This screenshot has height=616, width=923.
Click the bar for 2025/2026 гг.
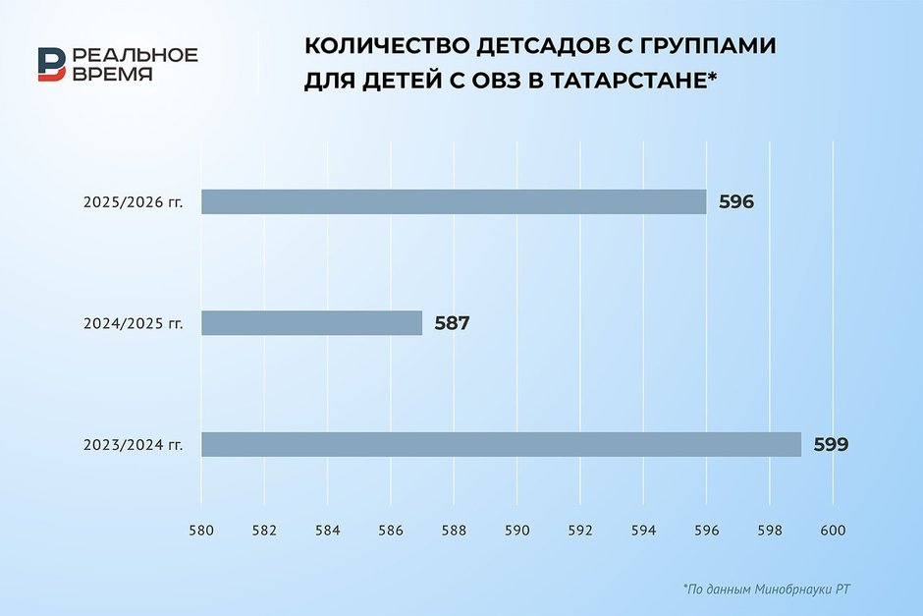454,201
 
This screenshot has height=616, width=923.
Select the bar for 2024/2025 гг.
312,322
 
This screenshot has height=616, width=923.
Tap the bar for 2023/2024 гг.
501,444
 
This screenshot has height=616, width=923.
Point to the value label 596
735,202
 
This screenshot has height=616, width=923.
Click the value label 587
452,323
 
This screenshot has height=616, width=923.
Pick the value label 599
831,445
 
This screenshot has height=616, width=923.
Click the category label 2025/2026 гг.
133,202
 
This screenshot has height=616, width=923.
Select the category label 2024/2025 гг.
133,324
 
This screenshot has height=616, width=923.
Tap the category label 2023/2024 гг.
133,445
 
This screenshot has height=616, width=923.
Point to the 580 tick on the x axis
201,531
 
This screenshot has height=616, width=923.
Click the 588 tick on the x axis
454,531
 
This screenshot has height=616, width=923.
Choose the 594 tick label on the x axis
643,531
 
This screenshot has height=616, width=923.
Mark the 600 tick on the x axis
833,531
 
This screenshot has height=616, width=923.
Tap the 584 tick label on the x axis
327,531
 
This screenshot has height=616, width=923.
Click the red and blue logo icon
52,64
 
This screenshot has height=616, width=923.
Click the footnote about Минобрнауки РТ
767,588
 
